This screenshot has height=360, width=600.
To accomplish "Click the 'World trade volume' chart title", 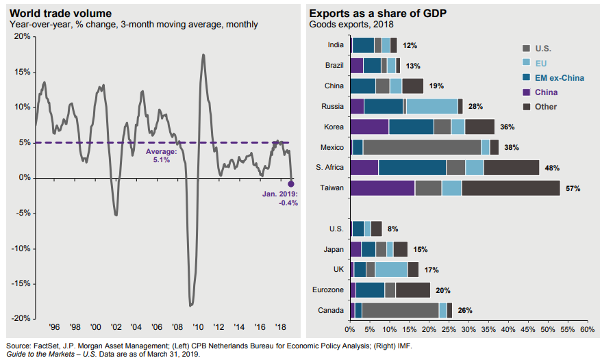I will [59, 13].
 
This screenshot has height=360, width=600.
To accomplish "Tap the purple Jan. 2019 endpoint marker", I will [291, 183].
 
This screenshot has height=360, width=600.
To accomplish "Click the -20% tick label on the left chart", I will [20, 319].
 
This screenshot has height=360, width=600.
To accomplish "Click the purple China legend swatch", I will [526, 92].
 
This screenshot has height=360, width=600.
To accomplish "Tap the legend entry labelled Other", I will [547, 106].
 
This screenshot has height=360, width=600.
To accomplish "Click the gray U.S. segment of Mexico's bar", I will [421, 147].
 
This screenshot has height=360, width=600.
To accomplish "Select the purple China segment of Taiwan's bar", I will [382, 188].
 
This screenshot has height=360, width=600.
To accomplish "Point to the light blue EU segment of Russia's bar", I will [432, 106].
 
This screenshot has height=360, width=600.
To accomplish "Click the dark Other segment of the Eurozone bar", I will [412, 290].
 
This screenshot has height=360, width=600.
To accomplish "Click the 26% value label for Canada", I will [465, 311].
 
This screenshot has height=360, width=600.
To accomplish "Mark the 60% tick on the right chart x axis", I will [587, 329].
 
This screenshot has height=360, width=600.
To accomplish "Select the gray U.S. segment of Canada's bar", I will [400, 311].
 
